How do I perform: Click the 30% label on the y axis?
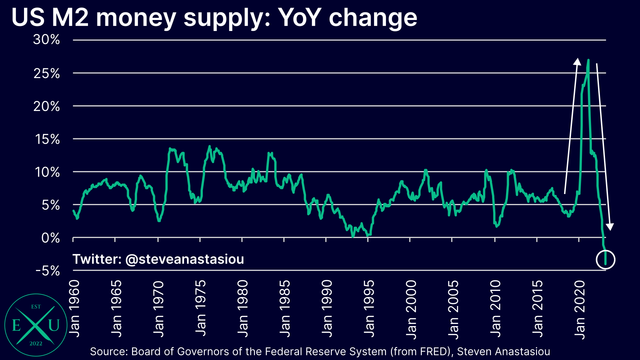pyautogui.click(x=46, y=40)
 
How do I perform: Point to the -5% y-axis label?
pyautogui.click(x=48, y=271)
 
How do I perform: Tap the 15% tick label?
pyautogui.click(x=47, y=139)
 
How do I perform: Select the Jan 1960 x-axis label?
pyautogui.click(x=74, y=309)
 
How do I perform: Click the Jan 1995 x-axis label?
pyautogui.click(x=369, y=309)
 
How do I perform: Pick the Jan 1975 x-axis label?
pyautogui.click(x=201, y=309)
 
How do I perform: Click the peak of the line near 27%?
pyautogui.click(x=588, y=60)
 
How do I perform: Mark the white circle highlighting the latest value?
pyautogui.click(x=605, y=259)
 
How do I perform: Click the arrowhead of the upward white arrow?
pyautogui.click(x=577, y=61)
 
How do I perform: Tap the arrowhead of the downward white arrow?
pyautogui.click(x=610, y=227)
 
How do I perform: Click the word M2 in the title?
pyautogui.click(x=70, y=17)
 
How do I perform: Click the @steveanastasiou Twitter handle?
pyautogui.click(x=184, y=259)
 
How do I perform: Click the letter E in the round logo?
pyautogui.click(x=16, y=325)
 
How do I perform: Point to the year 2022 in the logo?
pyautogui.click(x=36, y=344)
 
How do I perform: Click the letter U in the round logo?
pyautogui.click(x=54, y=325)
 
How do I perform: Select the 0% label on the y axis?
pyautogui.click(x=50, y=238)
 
